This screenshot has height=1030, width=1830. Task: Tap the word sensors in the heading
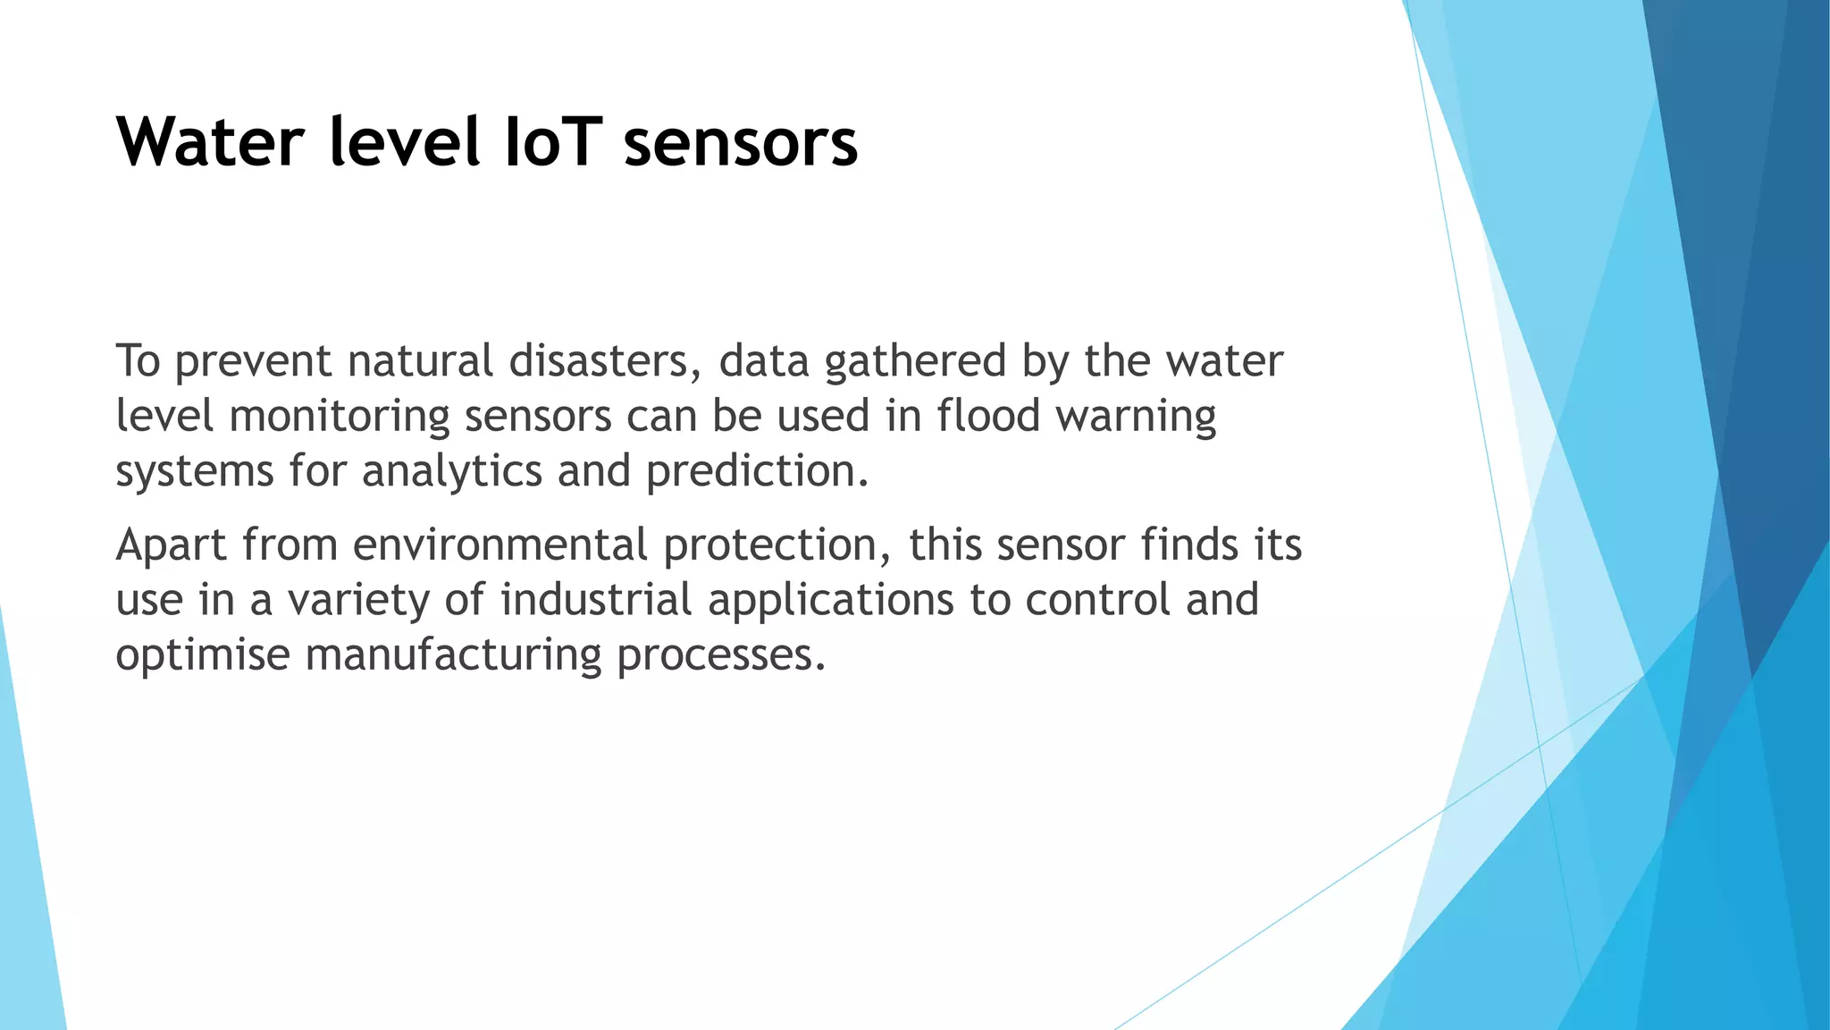[x=740, y=144]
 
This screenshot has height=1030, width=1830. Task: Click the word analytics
[x=452, y=472]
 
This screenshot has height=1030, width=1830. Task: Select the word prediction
[x=757, y=472]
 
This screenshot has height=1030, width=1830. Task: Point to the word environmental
[x=499, y=545]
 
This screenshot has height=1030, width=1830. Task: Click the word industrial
[x=596, y=600]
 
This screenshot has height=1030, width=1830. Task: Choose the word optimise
[x=203, y=655]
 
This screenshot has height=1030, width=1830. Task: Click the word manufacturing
[x=454, y=655]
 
